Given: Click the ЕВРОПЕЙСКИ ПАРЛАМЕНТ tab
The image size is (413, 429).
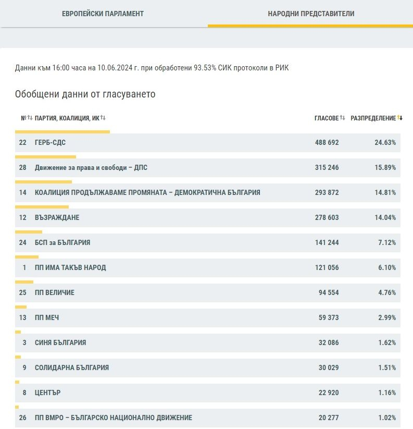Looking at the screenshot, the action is (x=103, y=14).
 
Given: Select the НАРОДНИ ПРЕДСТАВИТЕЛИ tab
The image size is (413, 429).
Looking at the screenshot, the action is (x=311, y=14).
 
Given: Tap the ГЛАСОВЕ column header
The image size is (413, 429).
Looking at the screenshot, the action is (x=327, y=118).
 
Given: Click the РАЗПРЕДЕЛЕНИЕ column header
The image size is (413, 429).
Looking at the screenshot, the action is (x=373, y=118).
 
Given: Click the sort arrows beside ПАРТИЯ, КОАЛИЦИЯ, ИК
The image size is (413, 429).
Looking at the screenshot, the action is (x=103, y=118).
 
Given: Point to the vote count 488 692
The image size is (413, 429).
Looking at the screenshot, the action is (x=327, y=142).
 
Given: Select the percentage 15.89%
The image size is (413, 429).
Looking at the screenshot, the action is (x=385, y=167).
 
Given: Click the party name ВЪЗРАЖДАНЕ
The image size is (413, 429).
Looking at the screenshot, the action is (x=57, y=217).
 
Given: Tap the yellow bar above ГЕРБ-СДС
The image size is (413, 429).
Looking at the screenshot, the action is (x=62, y=132).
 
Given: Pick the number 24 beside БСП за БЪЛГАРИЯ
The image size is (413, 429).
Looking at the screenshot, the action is (x=23, y=243).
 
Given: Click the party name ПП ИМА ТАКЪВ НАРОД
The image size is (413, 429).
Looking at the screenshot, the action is (x=70, y=267).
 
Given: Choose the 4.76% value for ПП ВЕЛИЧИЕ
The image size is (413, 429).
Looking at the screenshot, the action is (x=387, y=292).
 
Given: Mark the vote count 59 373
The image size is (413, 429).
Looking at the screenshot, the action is (x=329, y=317).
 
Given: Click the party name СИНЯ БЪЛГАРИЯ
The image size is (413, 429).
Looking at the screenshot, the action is (x=60, y=342).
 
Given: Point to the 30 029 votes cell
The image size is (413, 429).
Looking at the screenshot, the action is (x=329, y=367).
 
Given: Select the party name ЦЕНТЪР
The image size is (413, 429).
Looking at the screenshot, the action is (x=47, y=393).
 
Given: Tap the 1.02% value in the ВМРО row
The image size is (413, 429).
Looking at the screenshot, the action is (x=387, y=418).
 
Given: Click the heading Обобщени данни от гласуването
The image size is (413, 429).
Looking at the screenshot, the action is (x=85, y=94).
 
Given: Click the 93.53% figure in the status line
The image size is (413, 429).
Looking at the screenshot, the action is (x=205, y=68).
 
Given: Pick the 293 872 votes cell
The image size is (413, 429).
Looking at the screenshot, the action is (x=327, y=193).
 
